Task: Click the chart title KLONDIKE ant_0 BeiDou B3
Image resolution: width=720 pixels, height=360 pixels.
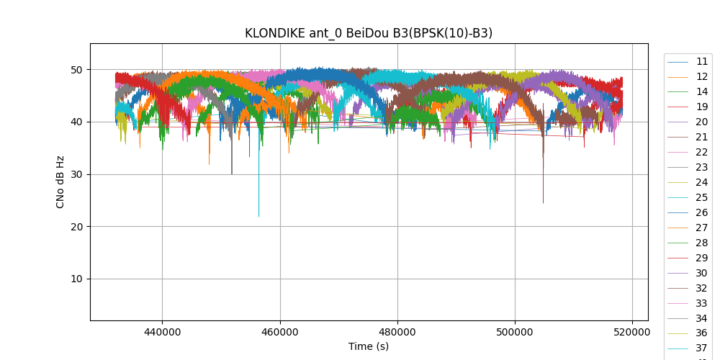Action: [x=369, y=33]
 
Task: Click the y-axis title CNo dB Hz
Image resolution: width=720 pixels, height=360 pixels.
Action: [x=60, y=182]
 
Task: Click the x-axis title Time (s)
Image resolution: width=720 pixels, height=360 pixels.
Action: [x=369, y=346]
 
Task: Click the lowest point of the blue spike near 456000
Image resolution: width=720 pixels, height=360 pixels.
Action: [x=259, y=217]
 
